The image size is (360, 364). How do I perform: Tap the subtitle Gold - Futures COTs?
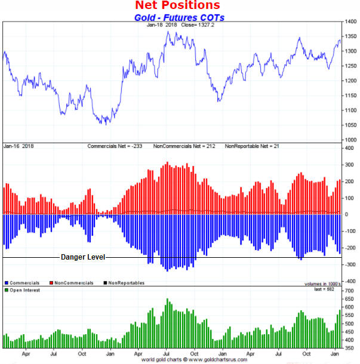179,17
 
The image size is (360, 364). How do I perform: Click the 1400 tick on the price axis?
350,22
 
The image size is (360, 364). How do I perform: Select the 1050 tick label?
350,125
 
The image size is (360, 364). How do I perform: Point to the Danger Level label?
83,257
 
